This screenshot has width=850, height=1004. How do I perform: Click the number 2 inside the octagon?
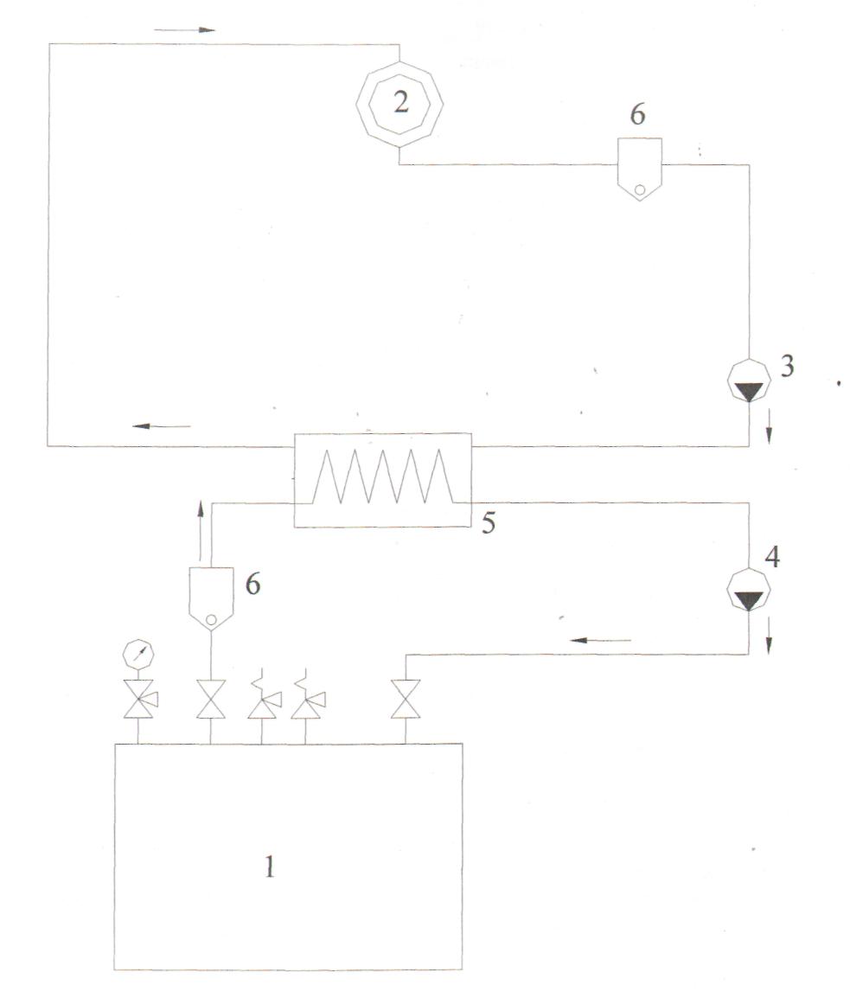(400, 102)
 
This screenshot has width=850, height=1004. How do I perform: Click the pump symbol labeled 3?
(749, 381)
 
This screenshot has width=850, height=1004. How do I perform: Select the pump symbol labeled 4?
(749, 590)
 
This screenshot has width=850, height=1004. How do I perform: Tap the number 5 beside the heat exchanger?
(489, 524)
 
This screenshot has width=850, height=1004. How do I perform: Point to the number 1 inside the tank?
(270, 867)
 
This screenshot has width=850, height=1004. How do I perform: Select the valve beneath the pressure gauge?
(139, 699)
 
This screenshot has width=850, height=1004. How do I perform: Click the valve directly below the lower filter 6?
(211, 699)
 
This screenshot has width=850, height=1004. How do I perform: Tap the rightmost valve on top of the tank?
(406, 699)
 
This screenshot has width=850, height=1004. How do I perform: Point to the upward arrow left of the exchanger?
(201, 530)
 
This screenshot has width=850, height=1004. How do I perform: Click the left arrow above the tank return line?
(600, 640)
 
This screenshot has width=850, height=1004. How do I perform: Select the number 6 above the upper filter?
(637, 114)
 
